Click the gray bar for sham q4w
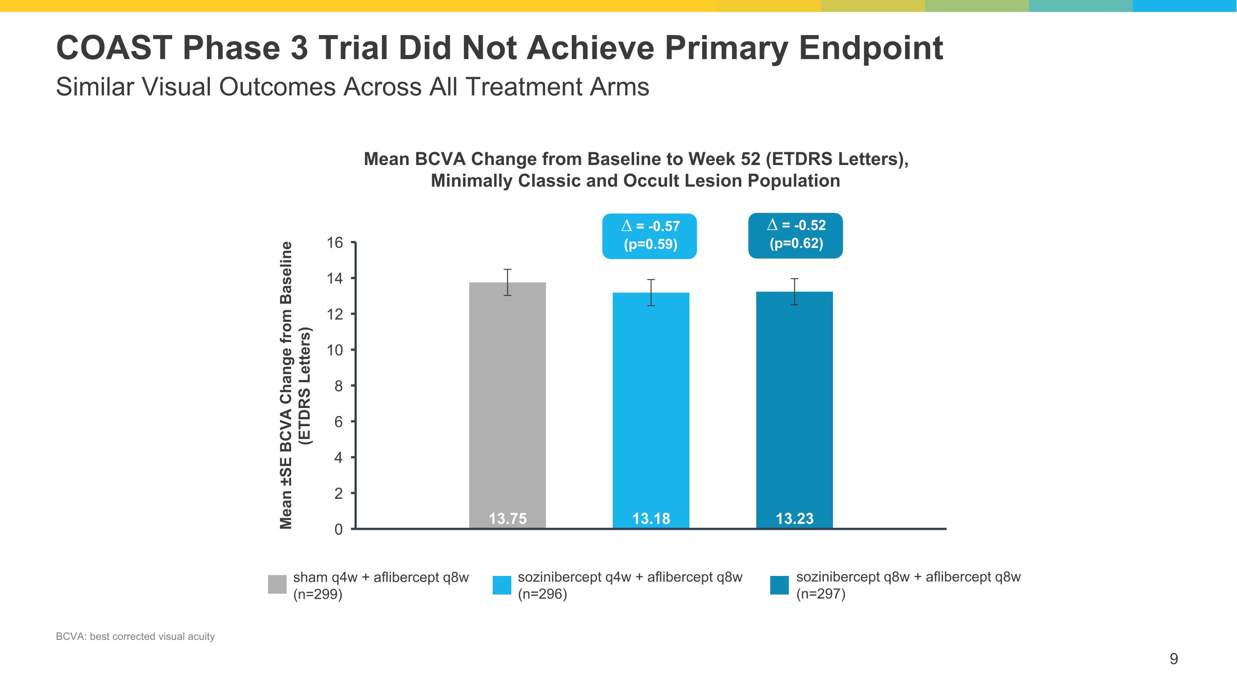(508, 406)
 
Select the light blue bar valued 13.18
(651, 410)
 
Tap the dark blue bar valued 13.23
(795, 410)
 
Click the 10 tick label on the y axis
(335, 350)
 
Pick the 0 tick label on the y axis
(339, 529)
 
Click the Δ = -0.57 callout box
(650, 236)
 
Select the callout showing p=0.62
(796, 235)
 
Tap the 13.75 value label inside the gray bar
(508, 519)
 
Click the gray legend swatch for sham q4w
(277, 585)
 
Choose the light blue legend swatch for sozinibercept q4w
(502, 585)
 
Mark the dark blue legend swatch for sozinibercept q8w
(779, 585)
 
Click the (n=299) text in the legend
(318, 595)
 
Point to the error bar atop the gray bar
(508, 283)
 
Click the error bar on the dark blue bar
(795, 292)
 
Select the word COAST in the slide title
(114, 47)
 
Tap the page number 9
(1174, 659)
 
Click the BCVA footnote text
(135, 637)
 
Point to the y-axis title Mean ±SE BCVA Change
(286, 385)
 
